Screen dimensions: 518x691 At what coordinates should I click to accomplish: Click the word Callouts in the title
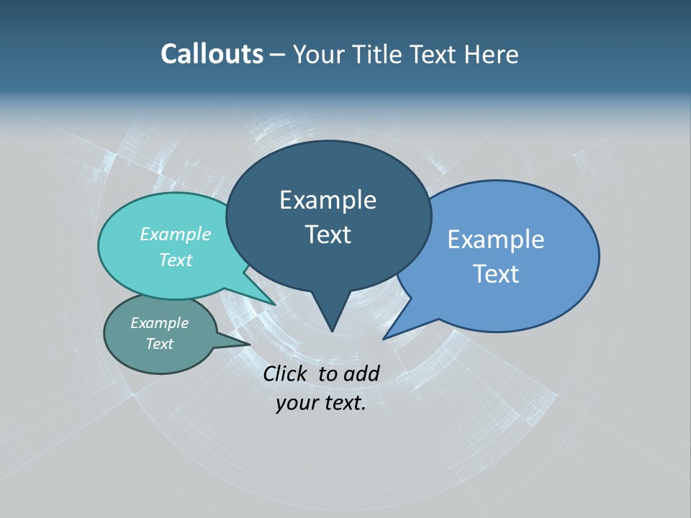[212, 54]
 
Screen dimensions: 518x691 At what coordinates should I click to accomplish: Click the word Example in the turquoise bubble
[176, 234]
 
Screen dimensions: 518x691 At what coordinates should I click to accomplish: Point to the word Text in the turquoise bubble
[176, 260]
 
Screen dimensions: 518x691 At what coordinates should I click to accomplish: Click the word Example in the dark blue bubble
[328, 200]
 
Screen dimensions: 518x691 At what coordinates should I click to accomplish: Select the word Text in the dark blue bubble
[328, 235]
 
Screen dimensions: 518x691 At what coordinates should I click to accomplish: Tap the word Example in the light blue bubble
[496, 239]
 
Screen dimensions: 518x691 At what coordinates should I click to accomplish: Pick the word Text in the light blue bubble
[496, 274]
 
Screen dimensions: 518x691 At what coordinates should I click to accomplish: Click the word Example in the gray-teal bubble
[160, 323]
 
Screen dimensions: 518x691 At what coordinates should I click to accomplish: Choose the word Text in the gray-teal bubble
[160, 344]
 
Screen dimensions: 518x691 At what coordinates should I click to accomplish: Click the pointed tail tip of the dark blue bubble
[332, 330]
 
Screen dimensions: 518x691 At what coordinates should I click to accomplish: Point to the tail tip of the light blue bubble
[384, 338]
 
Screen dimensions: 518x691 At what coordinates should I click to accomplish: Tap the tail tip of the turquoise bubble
[274, 304]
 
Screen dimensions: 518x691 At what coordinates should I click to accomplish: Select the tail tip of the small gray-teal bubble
[248, 344]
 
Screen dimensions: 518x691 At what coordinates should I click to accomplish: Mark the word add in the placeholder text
[361, 373]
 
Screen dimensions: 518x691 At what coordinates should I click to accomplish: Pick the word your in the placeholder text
[297, 403]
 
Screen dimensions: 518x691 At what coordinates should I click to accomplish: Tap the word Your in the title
[320, 54]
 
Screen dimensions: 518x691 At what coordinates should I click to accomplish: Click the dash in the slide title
[279, 54]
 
